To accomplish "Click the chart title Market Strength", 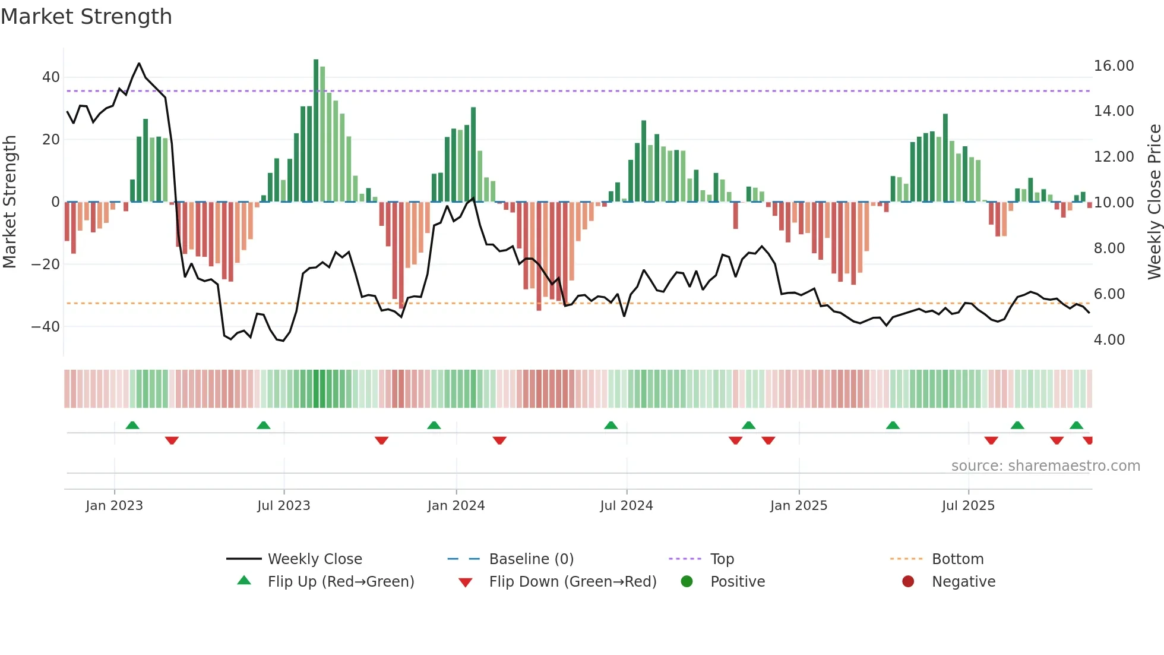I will pos(86,17).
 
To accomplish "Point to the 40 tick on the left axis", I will pos(51,77).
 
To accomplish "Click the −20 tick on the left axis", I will pos(46,264).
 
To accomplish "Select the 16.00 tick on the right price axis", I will pos(1114,66).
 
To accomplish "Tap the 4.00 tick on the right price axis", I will pos(1109,340).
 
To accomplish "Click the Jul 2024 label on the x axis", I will pos(626,506).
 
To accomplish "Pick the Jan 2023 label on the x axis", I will pos(114,506).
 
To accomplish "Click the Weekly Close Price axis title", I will pos(1154,202).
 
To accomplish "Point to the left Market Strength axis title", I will pos(10,202).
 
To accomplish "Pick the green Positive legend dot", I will pos(687,582).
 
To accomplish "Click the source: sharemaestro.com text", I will pos(1045,466).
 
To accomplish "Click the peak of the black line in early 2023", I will pos(139,63).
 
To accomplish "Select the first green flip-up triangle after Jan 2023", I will pos(132,426).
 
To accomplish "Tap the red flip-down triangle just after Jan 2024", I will pos(499,440).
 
